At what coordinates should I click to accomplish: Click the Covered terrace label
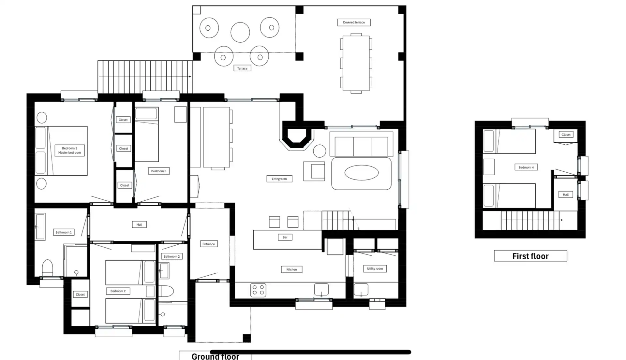pos(354,22)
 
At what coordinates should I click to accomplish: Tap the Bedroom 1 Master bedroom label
pos(69,150)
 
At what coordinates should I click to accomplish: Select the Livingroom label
pos(279,179)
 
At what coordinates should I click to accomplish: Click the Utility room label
pos(375,269)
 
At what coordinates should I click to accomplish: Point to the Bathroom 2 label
pos(171,256)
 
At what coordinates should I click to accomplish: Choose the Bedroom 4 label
pos(526,167)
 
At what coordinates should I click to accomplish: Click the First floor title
pos(530,256)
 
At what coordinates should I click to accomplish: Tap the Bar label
pos(285,237)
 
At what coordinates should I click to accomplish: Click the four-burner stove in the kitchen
pos(258,290)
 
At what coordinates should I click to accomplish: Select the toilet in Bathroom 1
pos(48,268)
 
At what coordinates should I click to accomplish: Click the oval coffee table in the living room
pos(362,173)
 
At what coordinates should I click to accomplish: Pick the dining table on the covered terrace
pos(356,63)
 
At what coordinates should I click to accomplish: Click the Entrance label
pos(209,244)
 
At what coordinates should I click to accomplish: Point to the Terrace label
pos(242,68)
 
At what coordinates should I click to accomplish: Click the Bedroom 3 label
pos(159,171)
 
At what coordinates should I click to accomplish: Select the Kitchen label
pos(292,269)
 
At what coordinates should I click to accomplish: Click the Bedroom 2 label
pos(118,291)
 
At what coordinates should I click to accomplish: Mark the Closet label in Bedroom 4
pos(566,135)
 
